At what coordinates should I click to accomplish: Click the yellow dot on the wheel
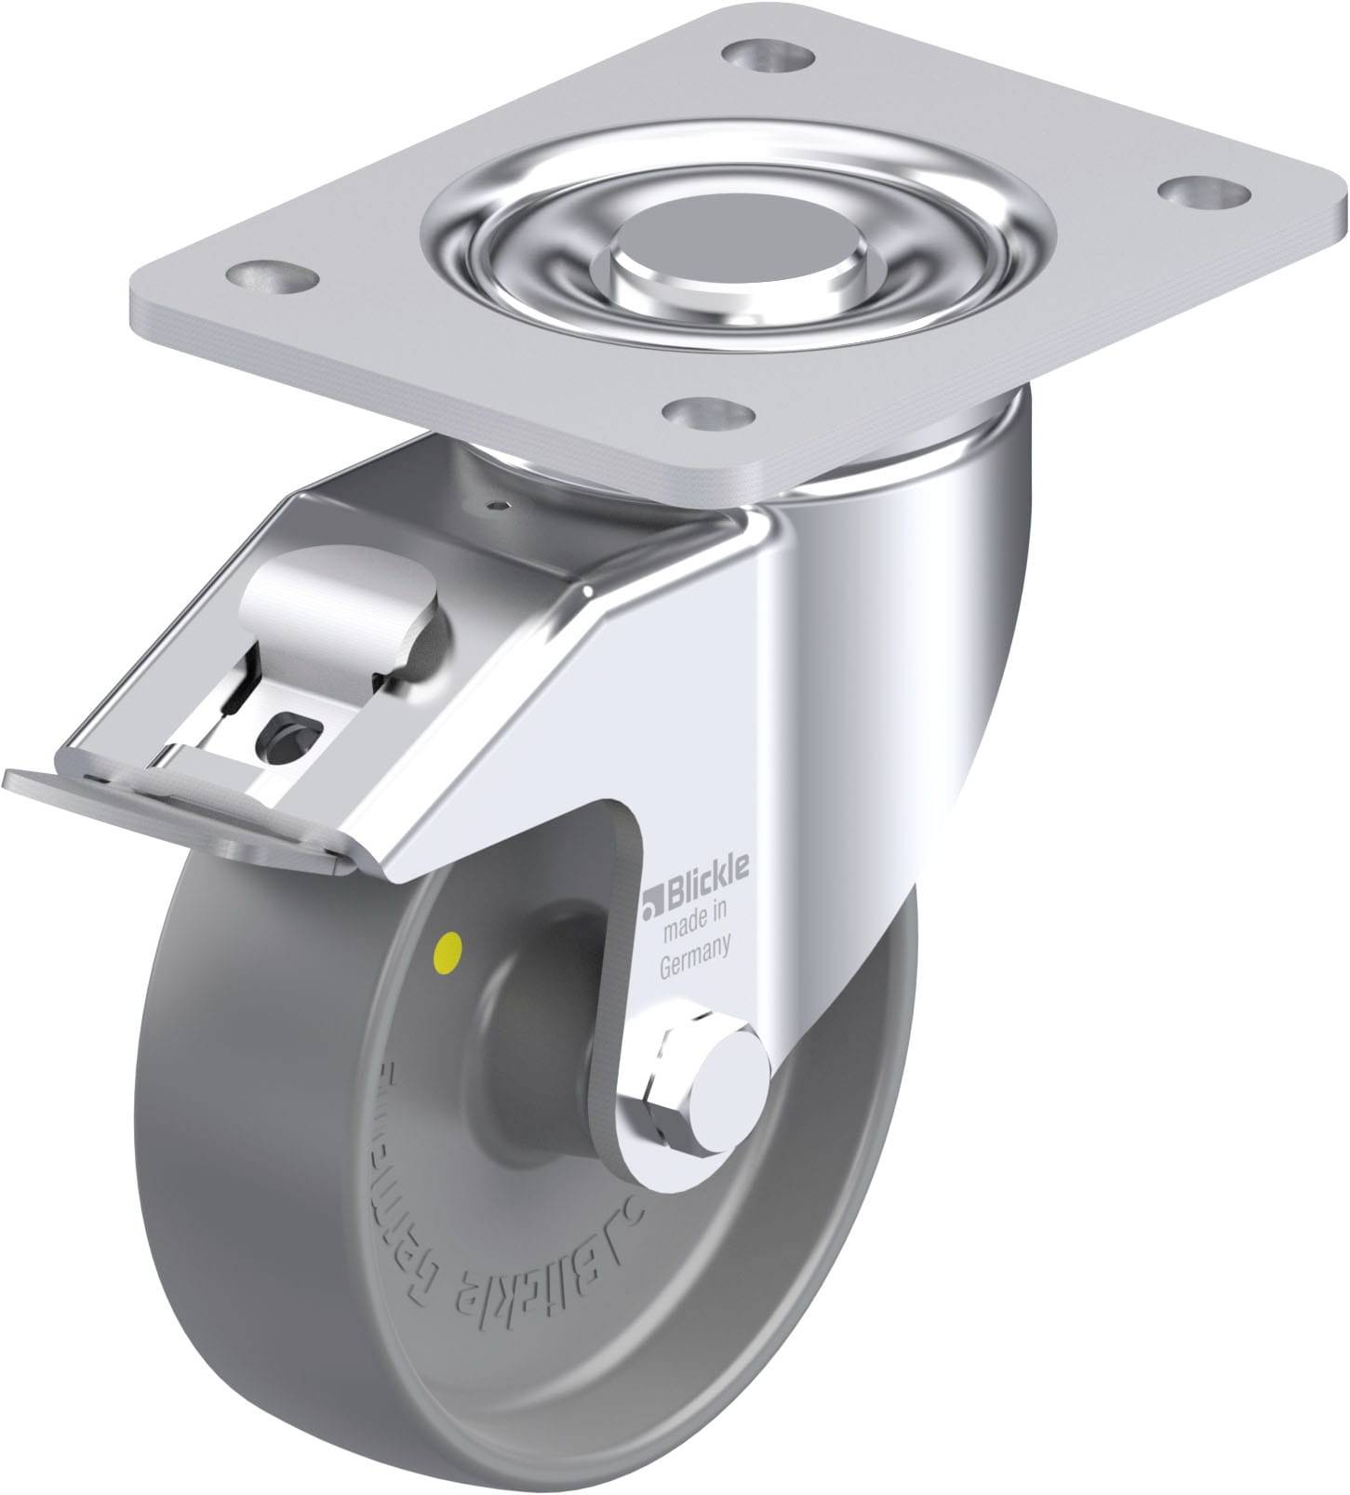(448, 949)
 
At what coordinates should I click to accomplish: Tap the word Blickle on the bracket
(706, 890)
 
